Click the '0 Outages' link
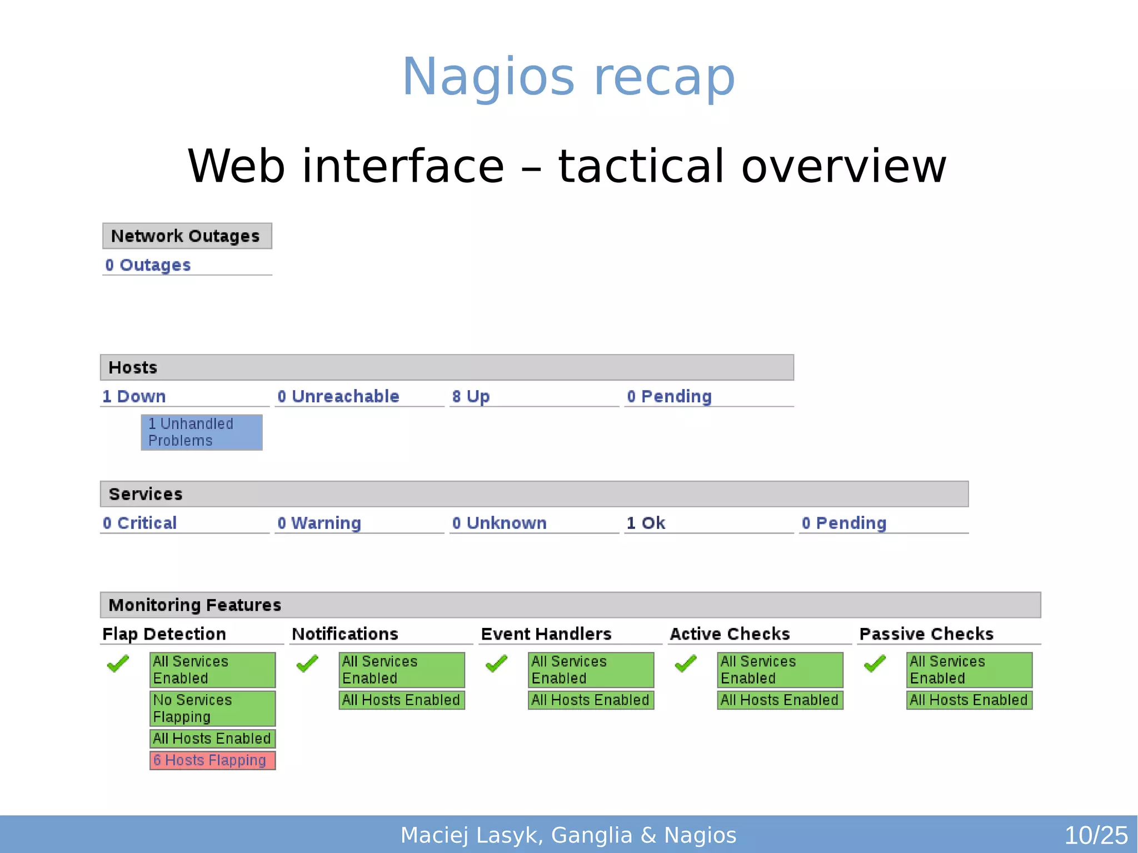tap(148, 265)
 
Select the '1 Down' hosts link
tap(134, 396)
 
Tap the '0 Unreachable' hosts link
tap(338, 396)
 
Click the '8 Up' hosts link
tap(471, 396)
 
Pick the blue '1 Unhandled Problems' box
tap(201, 432)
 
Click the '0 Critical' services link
tap(139, 523)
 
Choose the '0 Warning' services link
tap(319, 523)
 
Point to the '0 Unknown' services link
tap(499, 523)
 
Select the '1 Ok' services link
tap(646, 523)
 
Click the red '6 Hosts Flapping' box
tap(212, 760)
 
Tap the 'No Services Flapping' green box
tap(212, 709)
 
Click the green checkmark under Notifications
tap(307, 664)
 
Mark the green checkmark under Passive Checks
tap(875, 664)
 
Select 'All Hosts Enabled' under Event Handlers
tap(591, 700)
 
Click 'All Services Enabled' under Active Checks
tap(780, 670)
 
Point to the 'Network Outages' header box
tap(187, 236)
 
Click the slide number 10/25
tap(1095, 835)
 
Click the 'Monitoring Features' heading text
tap(194, 605)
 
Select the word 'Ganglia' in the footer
tap(591, 835)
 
